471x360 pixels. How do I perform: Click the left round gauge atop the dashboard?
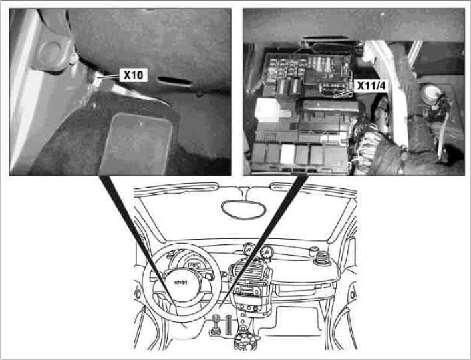coord(250,251)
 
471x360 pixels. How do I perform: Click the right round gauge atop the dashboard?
coord(267,252)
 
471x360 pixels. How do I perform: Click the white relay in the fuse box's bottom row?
coord(287,154)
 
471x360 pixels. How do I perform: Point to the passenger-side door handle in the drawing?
coord(346,293)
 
